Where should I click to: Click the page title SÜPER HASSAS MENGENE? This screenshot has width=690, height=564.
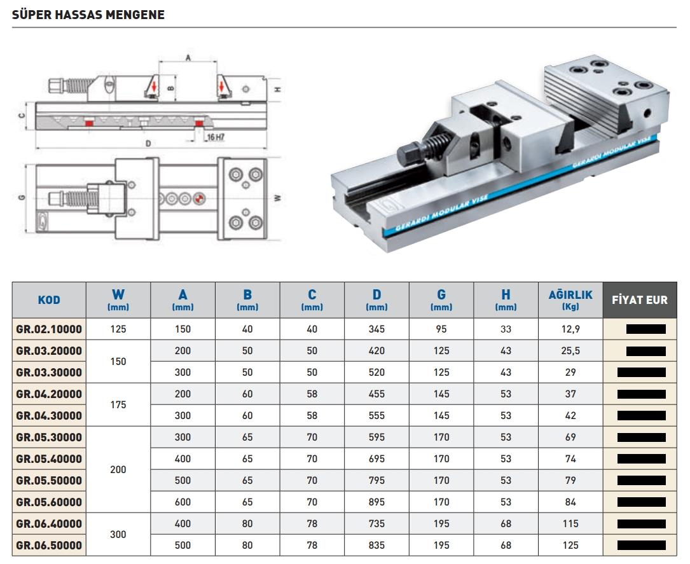tap(88, 15)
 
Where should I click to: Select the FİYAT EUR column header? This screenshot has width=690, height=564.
tap(639, 299)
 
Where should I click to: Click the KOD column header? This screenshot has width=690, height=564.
tap(49, 300)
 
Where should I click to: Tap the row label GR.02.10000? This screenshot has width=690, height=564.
tap(49, 329)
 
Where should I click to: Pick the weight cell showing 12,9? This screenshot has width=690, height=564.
tap(570, 329)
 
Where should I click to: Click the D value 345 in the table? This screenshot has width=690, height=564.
tap(376, 329)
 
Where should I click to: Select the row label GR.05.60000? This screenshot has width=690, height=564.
tap(49, 502)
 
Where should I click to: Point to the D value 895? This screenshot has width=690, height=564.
tap(376, 502)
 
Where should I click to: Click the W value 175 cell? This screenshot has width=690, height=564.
tap(118, 404)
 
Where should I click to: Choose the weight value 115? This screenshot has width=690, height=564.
tap(570, 524)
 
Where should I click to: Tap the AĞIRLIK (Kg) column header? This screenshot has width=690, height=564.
tap(570, 299)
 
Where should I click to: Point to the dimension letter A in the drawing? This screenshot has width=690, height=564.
tap(188, 57)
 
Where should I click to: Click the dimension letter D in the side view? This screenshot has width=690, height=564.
tap(148, 144)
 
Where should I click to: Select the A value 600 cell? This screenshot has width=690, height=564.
tap(183, 502)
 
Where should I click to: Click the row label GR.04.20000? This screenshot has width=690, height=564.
tap(49, 394)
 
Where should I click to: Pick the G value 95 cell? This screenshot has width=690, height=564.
tap(441, 329)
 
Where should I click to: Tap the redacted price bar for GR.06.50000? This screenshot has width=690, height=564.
tap(641, 545)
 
